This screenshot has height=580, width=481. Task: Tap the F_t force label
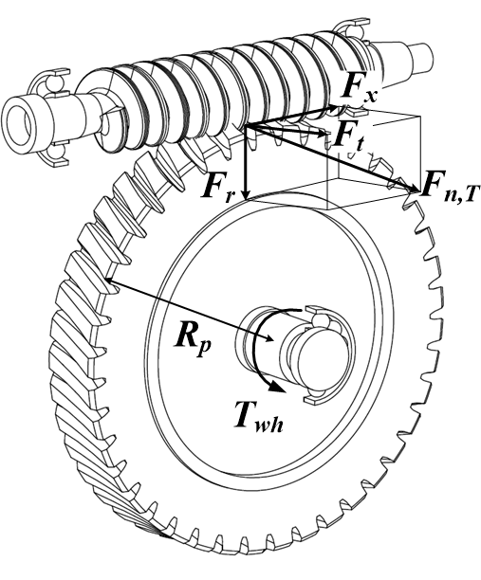pos(347,138)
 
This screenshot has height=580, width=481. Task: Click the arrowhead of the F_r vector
pos(245,194)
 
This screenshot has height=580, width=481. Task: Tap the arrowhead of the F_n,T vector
pos(414,189)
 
